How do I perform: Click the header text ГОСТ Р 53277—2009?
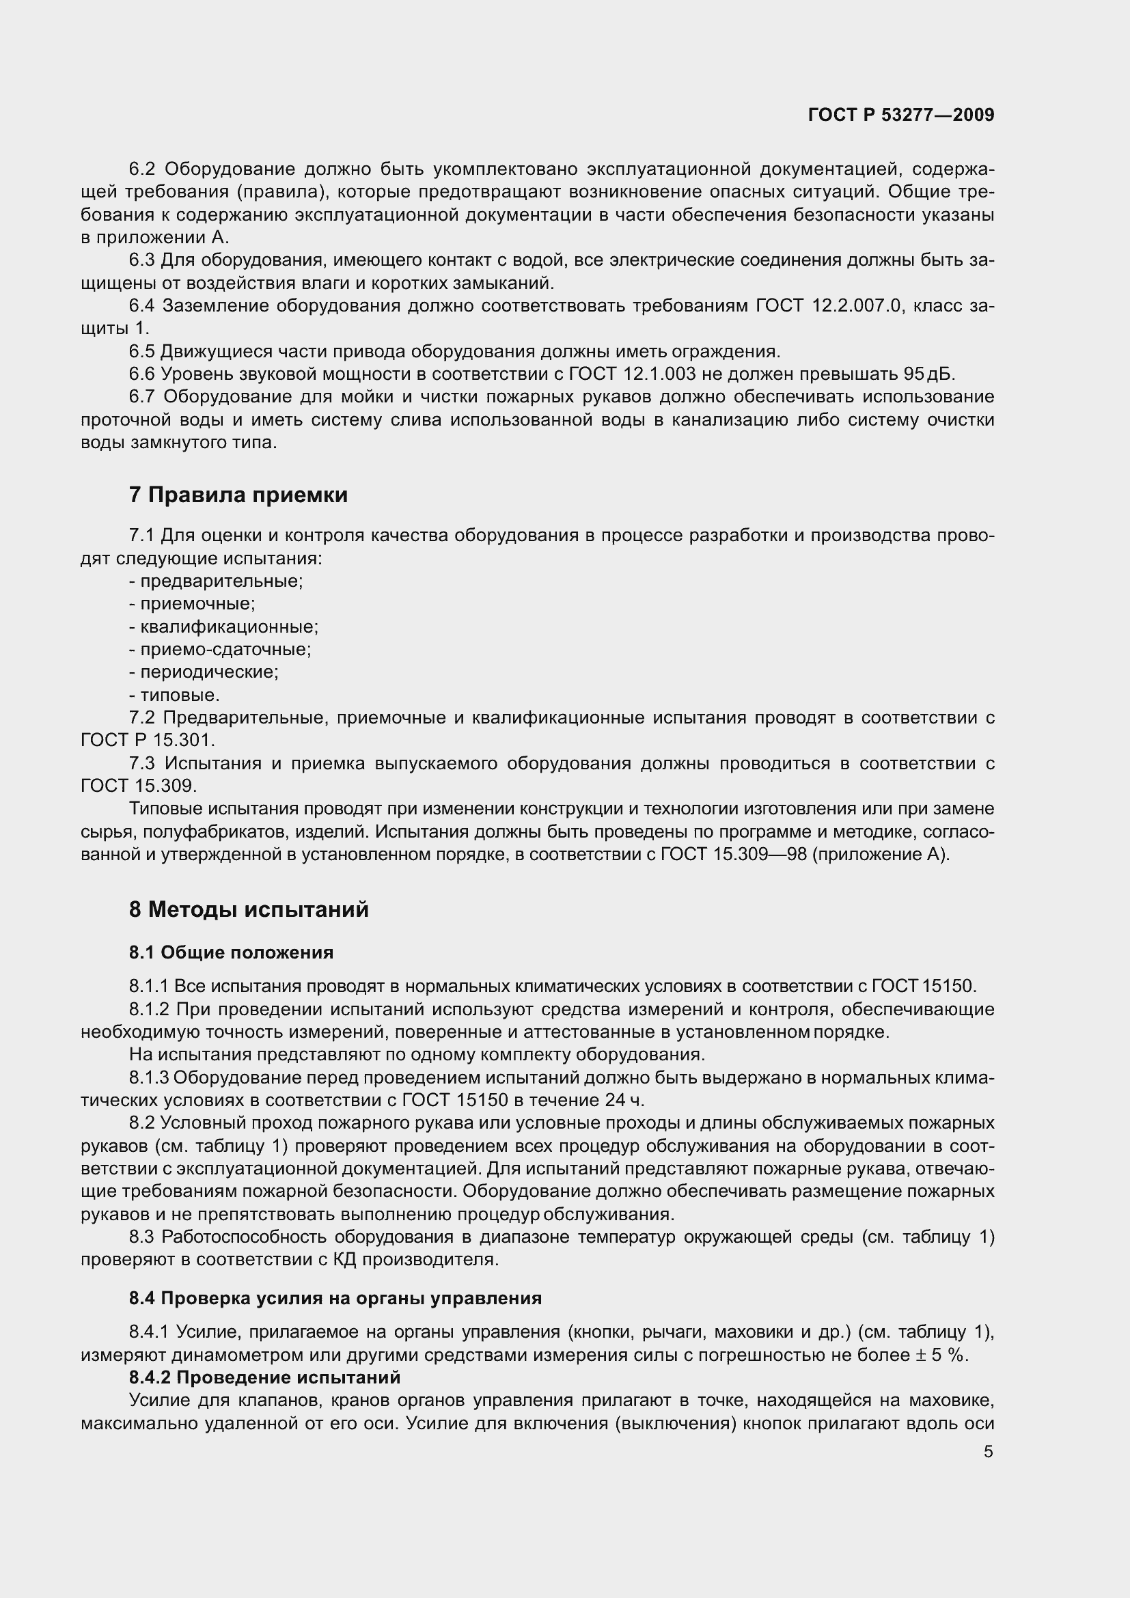pos(901,115)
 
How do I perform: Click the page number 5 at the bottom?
pos(988,1451)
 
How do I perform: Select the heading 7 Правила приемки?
pos(238,495)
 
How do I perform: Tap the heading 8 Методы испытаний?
pos(249,909)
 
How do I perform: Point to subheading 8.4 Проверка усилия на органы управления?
pos(335,1298)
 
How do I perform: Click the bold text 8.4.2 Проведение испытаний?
pos(264,1377)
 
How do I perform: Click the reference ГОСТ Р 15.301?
pos(148,740)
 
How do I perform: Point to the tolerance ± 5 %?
pos(942,1355)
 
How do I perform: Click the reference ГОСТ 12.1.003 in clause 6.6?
pos(632,374)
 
